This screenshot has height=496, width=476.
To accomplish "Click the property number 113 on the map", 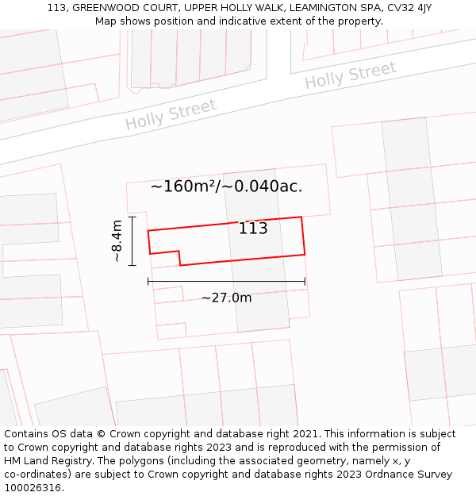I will (253, 229).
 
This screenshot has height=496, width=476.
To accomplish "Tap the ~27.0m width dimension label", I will (226, 298).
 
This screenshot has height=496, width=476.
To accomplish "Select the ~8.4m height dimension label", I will (117, 240).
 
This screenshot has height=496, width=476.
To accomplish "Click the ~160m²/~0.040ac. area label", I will (226, 186).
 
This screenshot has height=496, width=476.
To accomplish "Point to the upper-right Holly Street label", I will (350, 75).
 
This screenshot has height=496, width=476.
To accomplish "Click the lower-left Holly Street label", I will (171, 114).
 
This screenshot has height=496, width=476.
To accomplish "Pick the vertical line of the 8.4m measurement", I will (132, 240).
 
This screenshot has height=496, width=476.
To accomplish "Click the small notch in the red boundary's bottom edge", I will (179, 257).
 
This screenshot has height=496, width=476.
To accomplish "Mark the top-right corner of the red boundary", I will (301, 217).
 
